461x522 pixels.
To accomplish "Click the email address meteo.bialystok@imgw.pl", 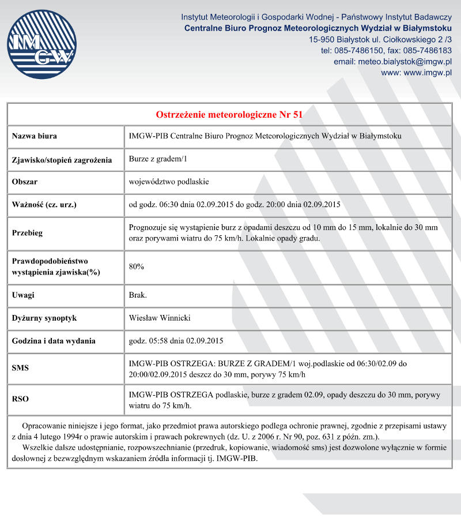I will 405,62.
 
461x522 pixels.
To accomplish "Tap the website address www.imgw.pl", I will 427,73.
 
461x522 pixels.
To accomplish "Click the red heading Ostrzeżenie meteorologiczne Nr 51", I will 229,114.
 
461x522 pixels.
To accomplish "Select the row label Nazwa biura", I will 35,137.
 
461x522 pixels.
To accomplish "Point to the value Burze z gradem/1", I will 155,159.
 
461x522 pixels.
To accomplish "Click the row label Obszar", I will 25,182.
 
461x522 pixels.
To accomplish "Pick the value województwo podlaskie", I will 169,182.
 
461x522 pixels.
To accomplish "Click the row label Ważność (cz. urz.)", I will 44,205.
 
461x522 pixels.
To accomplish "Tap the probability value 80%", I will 137,266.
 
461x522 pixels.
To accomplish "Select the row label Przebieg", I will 28,233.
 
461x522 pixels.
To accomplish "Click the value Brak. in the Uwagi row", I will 138,295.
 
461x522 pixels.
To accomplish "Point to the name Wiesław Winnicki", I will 160,318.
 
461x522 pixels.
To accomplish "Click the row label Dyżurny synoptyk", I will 44,318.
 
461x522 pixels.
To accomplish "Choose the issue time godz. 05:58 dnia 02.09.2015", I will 176,341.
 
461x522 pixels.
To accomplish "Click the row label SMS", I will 20,369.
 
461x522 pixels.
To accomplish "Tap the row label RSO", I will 20,399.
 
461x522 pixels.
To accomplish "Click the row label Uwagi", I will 23,295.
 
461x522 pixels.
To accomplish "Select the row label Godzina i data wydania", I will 54,341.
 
